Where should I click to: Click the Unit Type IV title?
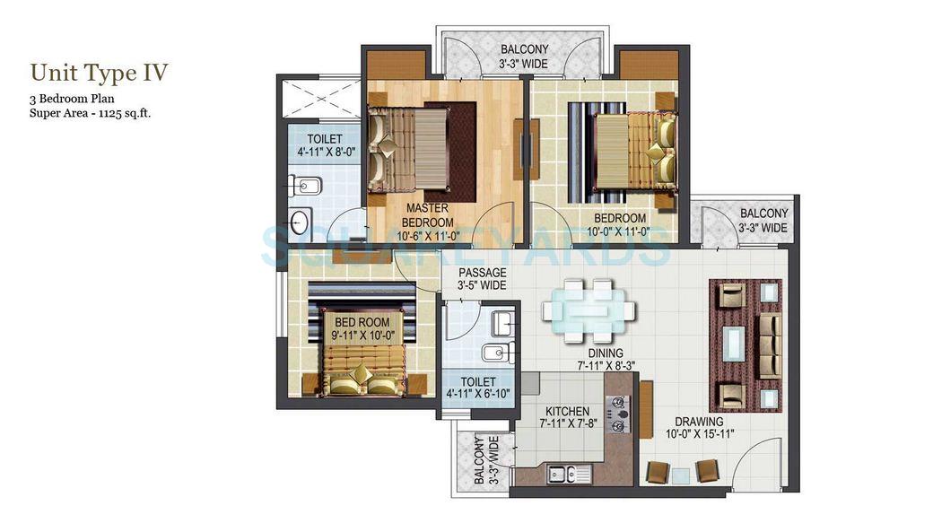[99, 72]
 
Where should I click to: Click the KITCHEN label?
[567, 412]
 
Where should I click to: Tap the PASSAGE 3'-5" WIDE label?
[483, 273]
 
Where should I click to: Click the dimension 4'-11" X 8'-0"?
[319, 153]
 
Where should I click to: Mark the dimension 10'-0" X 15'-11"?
[700, 434]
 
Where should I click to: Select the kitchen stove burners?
[619, 415]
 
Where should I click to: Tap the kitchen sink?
[558, 473]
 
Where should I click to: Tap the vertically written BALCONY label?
[481, 461]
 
